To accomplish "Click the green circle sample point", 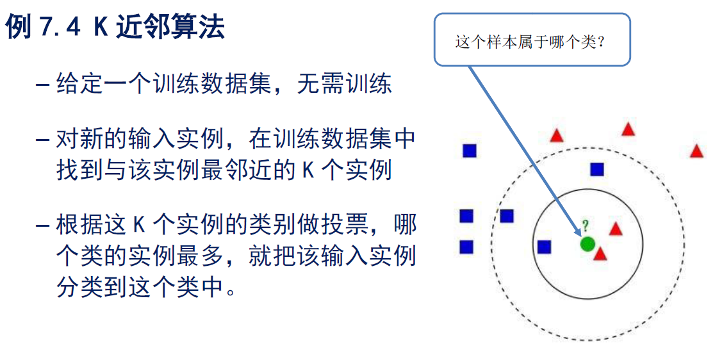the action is point(588,243).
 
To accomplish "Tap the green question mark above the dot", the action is point(585,225).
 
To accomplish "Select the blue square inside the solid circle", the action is point(545,247).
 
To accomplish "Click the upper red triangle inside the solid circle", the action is point(616,229).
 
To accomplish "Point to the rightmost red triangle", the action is point(696,152).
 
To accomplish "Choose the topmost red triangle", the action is point(628,130).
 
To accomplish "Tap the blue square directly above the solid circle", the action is point(597,170).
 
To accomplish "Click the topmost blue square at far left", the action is point(470,151).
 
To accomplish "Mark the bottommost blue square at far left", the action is point(466,247).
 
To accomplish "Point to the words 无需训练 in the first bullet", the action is point(344,84).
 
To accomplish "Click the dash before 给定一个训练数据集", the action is point(43,85).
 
